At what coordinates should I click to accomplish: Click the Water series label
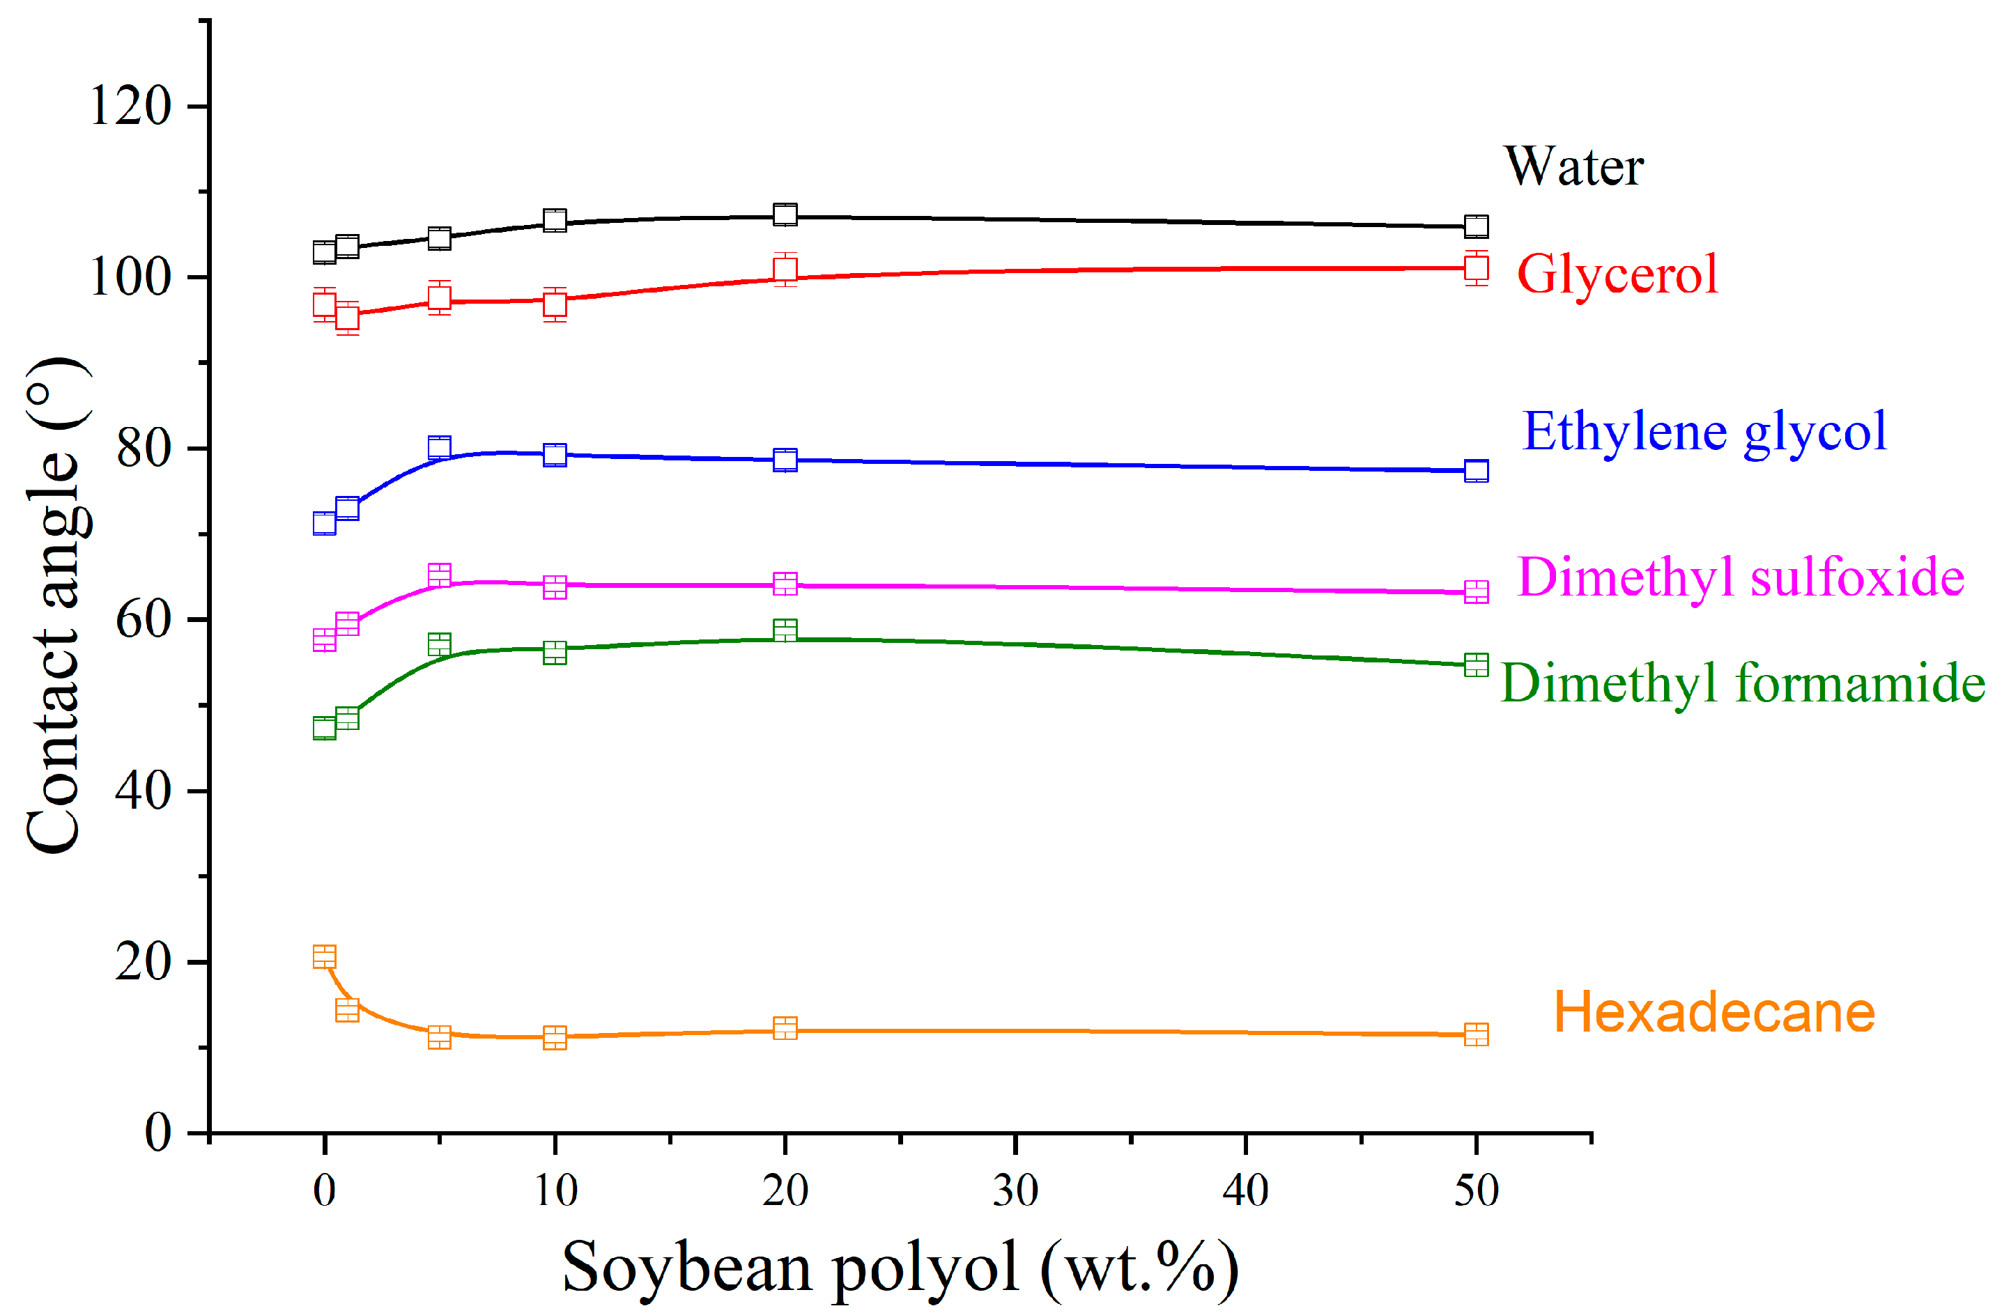click(x=1573, y=166)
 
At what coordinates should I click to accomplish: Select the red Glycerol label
click(x=1617, y=275)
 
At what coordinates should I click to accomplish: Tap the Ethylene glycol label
click(x=1704, y=433)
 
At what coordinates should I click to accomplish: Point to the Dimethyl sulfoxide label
click(x=1740, y=578)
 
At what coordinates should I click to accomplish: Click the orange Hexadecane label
click(x=1714, y=1013)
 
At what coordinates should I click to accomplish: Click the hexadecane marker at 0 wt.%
click(x=325, y=957)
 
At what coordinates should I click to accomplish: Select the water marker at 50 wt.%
click(x=1476, y=226)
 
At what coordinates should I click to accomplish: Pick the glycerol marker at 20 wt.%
click(x=785, y=270)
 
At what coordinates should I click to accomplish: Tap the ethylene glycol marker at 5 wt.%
click(x=439, y=447)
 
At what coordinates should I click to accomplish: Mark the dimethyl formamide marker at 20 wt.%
click(x=785, y=631)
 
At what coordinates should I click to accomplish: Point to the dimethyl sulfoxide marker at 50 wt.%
click(x=1476, y=591)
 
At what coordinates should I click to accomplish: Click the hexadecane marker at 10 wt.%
click(x=555, y=1038)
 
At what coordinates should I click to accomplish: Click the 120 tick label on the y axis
click(x=130, y=107)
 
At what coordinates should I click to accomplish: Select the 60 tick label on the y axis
click(x=142, y=621)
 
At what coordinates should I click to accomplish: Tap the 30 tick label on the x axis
click(x=1015, y=1190)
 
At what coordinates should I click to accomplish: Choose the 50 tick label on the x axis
click(x=1476, y=1190)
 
